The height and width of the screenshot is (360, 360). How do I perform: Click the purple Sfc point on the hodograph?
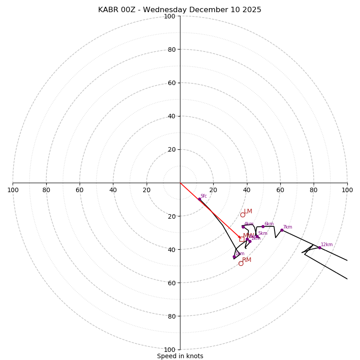pyautogui.click(x=199, y=199)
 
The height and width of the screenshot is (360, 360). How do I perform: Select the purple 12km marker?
pyautogui.click(x=319, y=247)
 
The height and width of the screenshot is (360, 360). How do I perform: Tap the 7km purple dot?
pyautogui.click(x=282, y=230)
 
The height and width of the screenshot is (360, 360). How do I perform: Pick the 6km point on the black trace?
pyautogui.click(x=263, y=226)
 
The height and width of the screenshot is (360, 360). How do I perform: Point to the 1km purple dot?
pyautogui.click(x=234, y=256)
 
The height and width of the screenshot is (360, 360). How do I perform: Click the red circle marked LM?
pyautogui.click(x=243, y=215)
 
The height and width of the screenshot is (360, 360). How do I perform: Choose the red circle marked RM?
pyautogui.click(x=241, y=263)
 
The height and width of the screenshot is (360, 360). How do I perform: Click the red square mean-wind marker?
pyautogui.click(x=242, y=239)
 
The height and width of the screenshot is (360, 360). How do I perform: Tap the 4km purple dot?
pyautogui.click(x=243, y=226)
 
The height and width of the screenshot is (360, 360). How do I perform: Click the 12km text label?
pyautogui.click(x=327, y=245)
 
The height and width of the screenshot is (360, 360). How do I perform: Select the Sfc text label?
pyautogui.click(x=203, y=196)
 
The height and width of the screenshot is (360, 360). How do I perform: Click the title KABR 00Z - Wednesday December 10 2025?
pyautogui.click(x=180, y=10)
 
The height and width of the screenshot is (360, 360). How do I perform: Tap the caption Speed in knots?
pyautogui.click(x=180, y=356)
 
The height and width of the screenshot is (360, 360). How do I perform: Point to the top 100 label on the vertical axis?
pyautogui.click(x=170, y=16)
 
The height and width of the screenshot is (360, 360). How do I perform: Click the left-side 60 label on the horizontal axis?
pyautogui.click(x=80, y=190)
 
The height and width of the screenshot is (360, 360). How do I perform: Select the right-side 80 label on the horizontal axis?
pyautogui.click(x=314, y=190)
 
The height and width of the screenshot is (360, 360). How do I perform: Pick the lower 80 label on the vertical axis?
pyautogui.click(x=171, y=316)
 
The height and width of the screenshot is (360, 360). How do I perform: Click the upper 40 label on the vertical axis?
pyautogui.click(x=171, y=116)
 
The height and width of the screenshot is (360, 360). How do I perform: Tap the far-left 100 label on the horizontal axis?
pyautogui.click(x=13, y=190)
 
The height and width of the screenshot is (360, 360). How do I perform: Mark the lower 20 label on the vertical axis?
pyautogui.click(x=171, y=216)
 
